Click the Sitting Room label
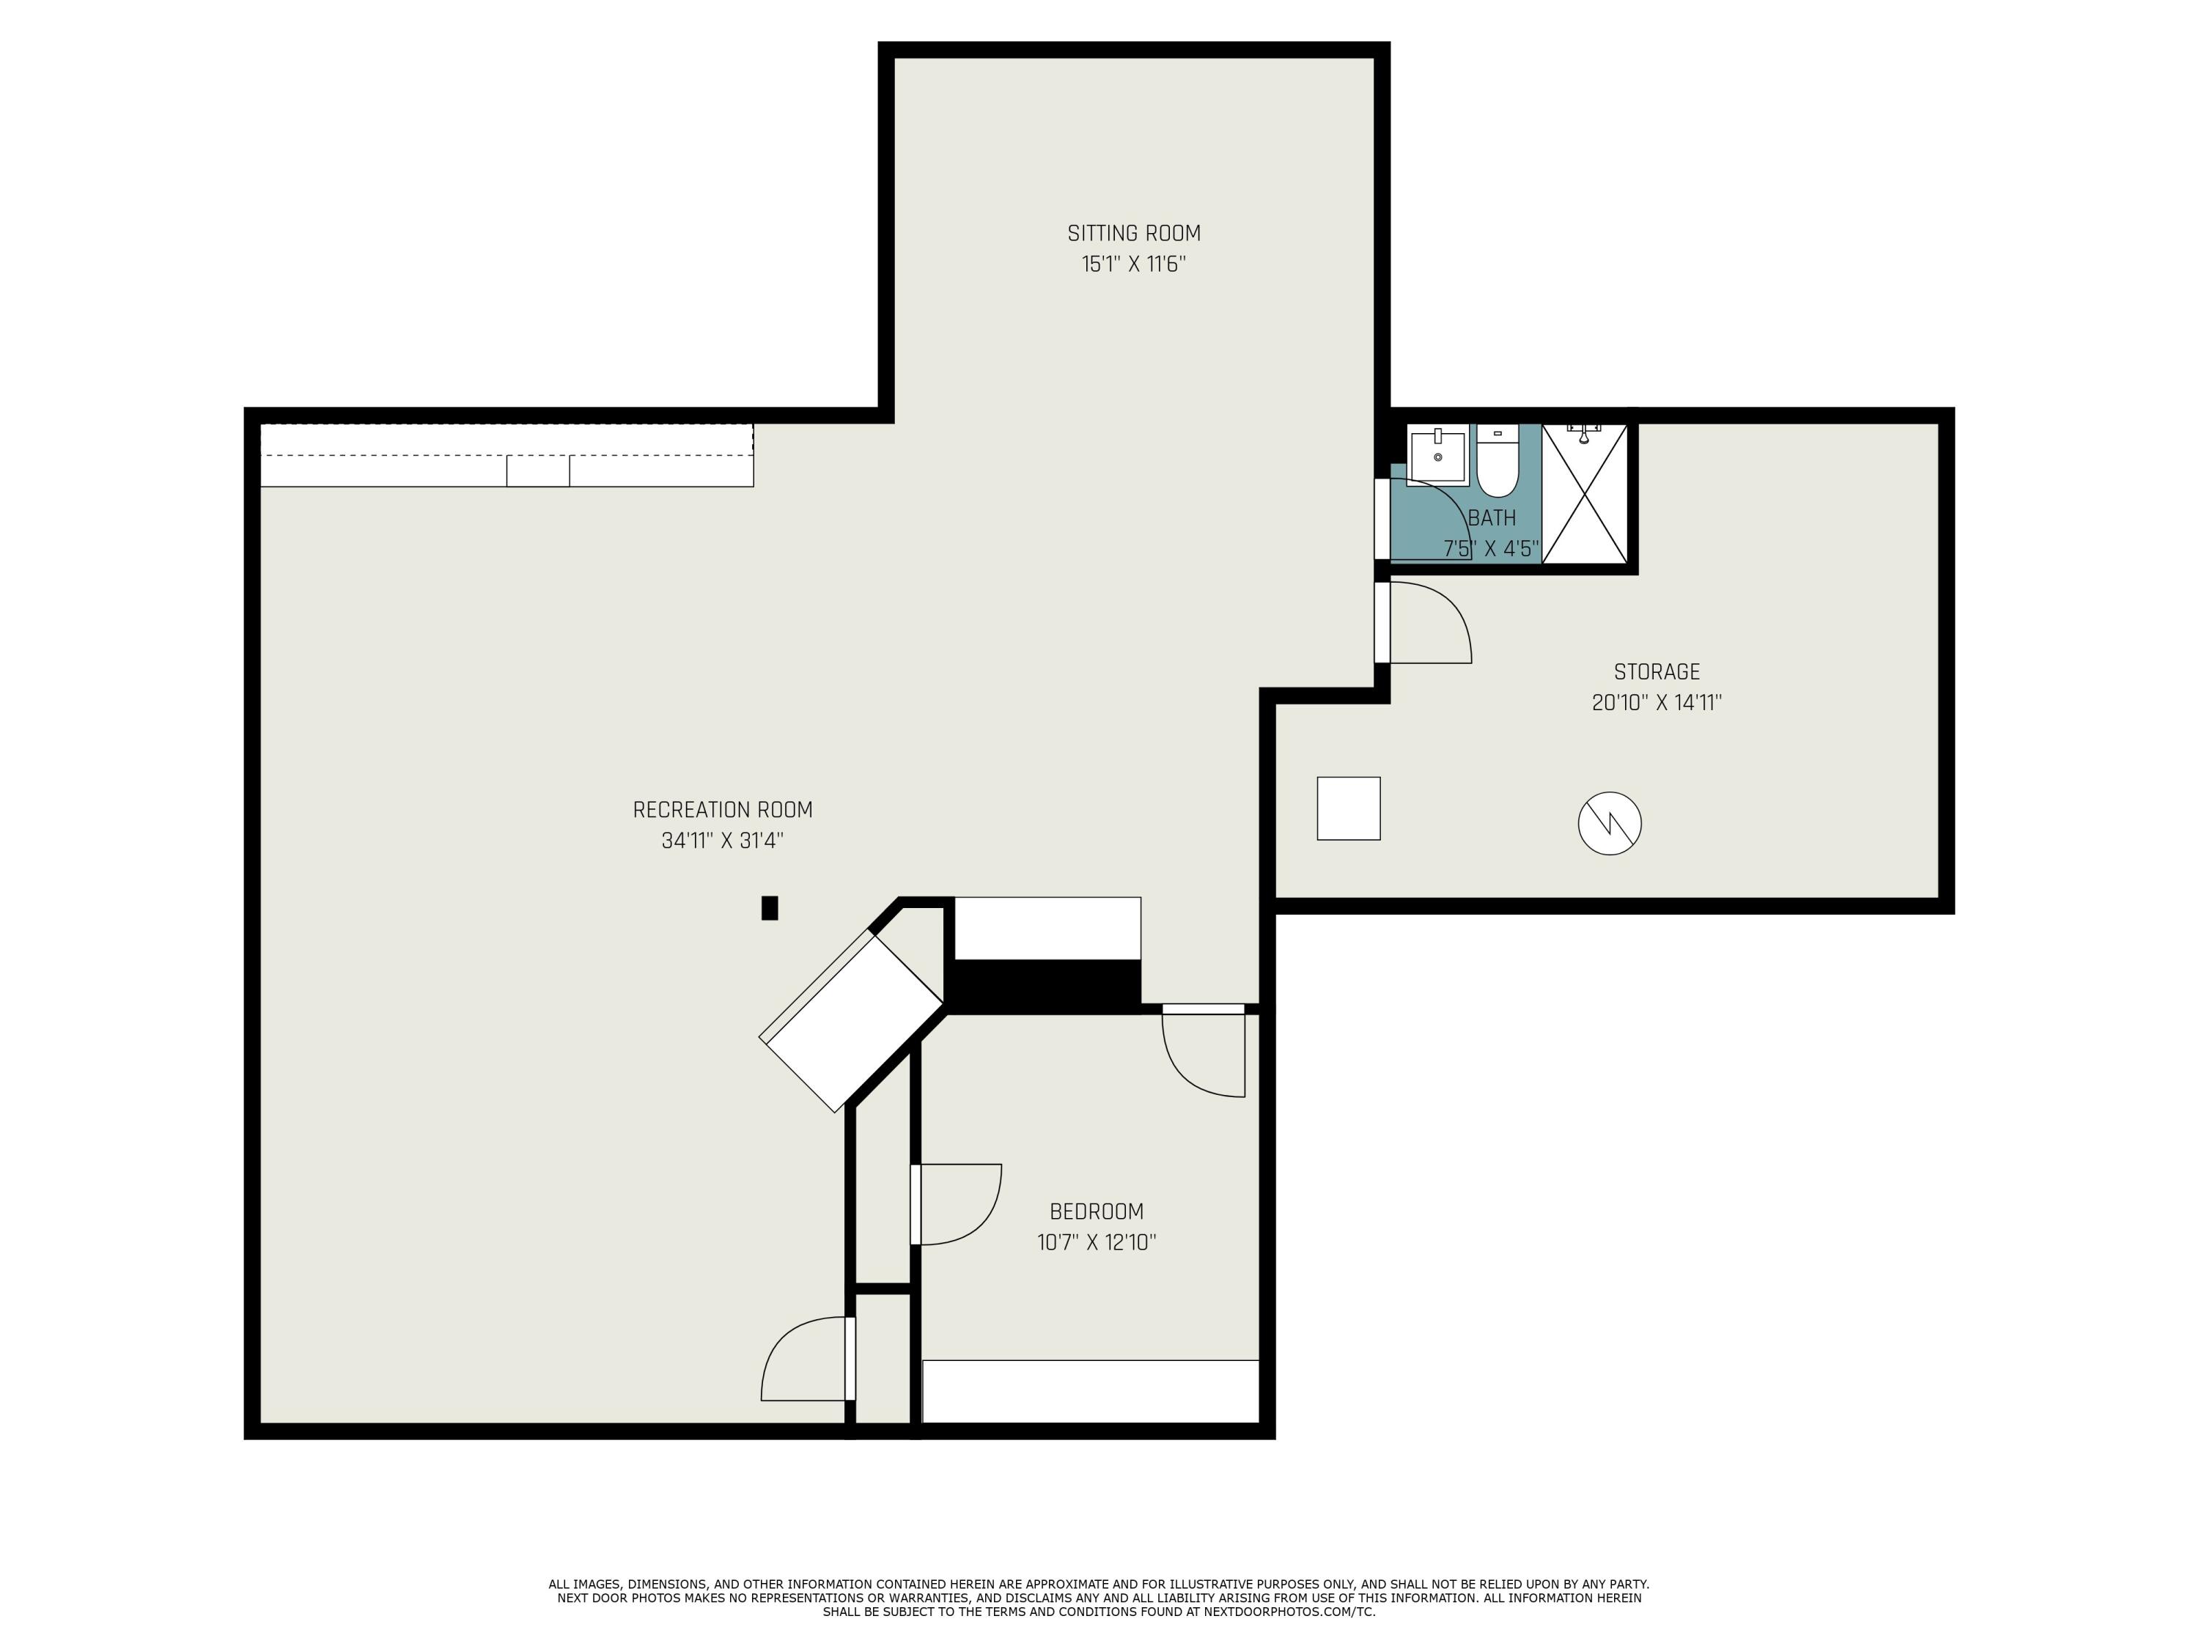[1133, 234]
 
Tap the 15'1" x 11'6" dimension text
[1133, 265]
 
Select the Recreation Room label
[723, 810]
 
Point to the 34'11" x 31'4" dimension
[723, 841]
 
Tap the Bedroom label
[1097, 1211]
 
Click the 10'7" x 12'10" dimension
[1097, 1242]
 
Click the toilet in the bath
[1497, 462]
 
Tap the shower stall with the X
[1585, 494]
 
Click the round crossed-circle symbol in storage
[1610, 823]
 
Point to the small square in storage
[1348, 808]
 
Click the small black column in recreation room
[770, 907]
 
